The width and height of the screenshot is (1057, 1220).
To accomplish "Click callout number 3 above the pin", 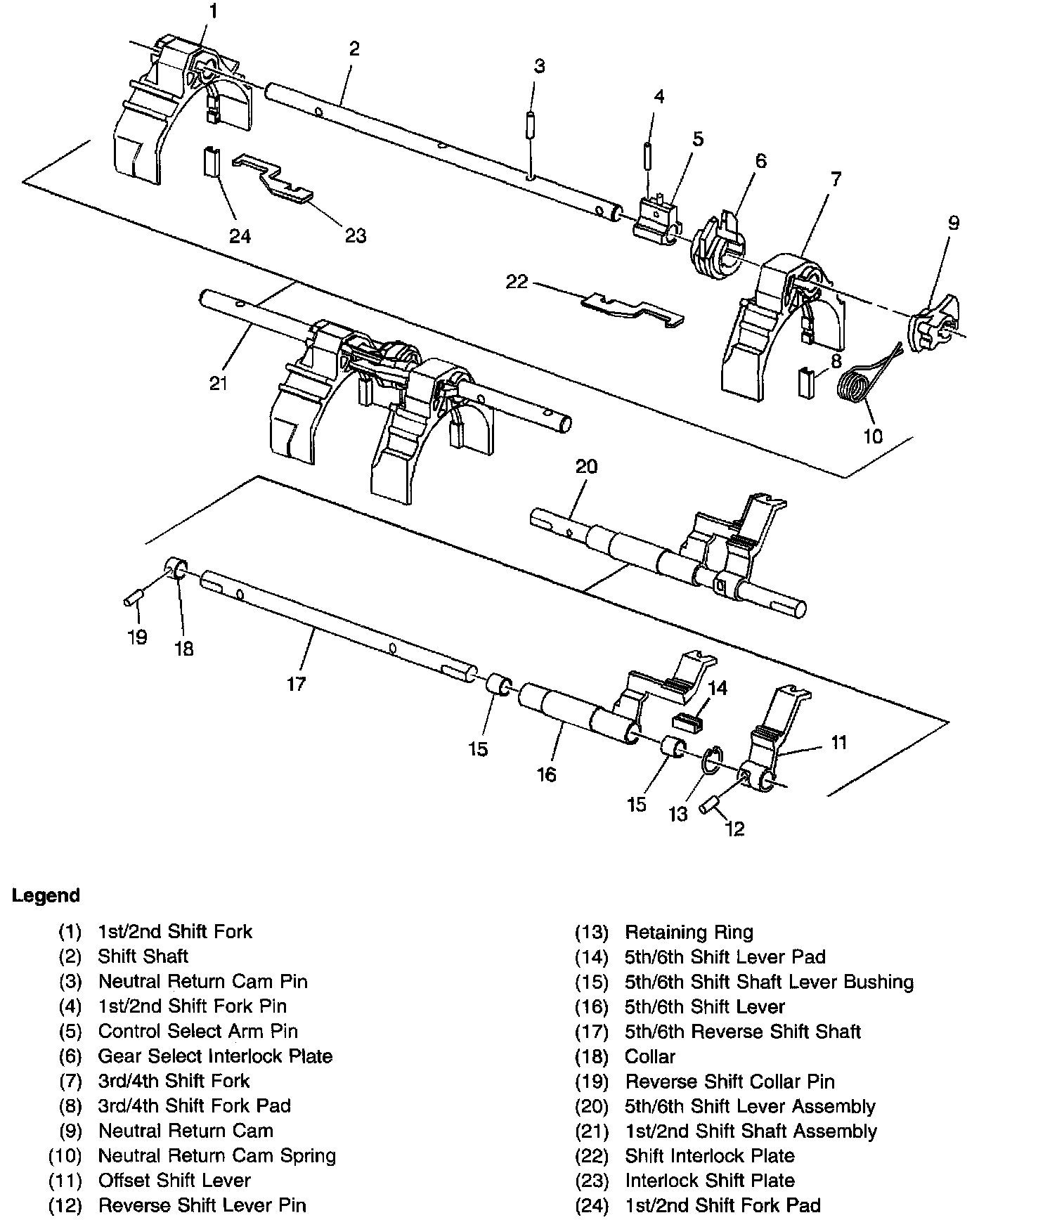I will [x=539, y=67].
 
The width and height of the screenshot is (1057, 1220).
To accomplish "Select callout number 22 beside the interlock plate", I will [x=517, y=282].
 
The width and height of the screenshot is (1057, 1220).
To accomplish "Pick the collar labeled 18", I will [x=176, y=567].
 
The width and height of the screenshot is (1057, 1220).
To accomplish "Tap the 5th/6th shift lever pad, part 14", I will [x=688, y=721].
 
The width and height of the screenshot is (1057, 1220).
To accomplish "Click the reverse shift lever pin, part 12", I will [x=708, y=804].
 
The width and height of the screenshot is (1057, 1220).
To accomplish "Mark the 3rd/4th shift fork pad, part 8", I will [x=805, y=383].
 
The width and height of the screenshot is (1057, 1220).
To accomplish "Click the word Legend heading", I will [x=46, y=896].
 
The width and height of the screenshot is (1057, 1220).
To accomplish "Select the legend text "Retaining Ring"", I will [x=689, y=933].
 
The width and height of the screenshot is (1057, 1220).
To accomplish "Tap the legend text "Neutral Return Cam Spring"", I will [x=216, y=1155].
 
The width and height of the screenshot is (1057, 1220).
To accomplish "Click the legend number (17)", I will [x=591, y=1032].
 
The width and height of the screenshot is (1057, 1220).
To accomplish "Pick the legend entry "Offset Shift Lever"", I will [x=174, y=1181].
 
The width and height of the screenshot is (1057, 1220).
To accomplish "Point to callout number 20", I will [x=586, y=467].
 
